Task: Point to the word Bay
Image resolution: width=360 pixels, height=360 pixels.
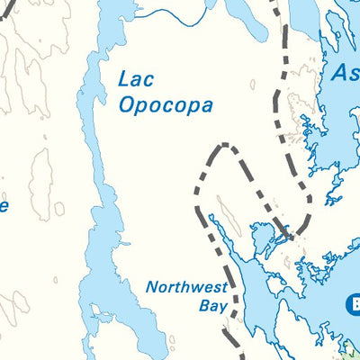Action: click(210, 306)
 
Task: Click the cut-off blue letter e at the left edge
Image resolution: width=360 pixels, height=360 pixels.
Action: click(4, 207)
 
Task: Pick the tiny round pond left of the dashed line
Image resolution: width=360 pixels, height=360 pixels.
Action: click(252, 85)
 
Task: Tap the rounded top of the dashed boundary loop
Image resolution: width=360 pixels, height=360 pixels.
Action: click(225, 146)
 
